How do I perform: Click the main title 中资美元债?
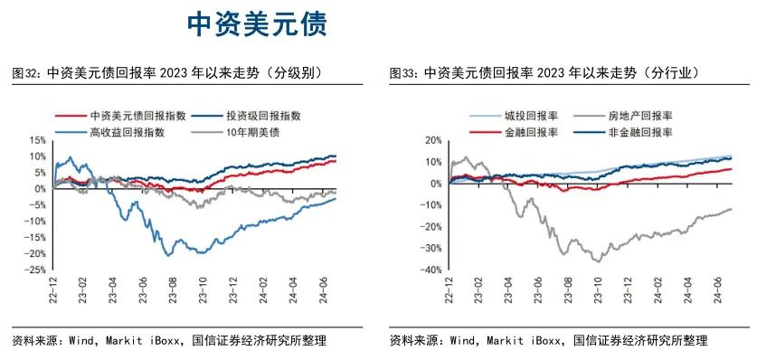tap(258, 24)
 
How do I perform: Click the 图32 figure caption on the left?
tap(167, 73)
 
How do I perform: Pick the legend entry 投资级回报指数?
tap(262, 116)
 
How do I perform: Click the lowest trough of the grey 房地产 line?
tap(596, 261)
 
